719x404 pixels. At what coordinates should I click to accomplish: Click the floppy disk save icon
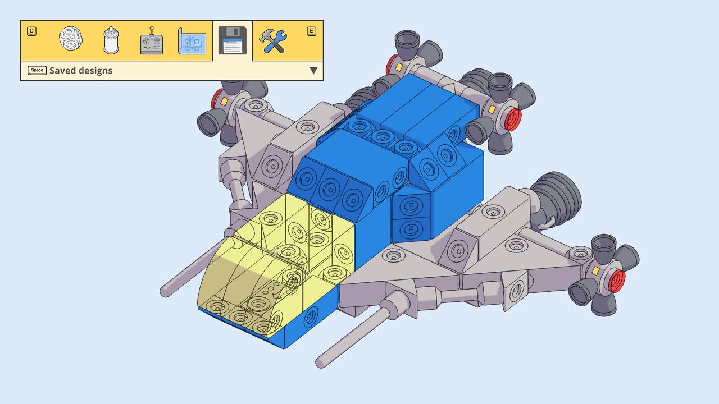[233, 40]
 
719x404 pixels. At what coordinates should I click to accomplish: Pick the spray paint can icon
[111, 40]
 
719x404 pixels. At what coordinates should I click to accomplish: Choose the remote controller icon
[152, 41]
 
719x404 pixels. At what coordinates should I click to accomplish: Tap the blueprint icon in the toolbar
[192, 41]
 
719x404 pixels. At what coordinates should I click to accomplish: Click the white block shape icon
[71, 38]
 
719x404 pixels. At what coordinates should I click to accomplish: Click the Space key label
[37, 70]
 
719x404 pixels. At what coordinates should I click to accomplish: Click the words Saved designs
[81, 71]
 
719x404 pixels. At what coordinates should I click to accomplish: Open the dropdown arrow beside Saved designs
[313, 71]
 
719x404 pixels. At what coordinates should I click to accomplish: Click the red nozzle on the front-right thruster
[617, 281]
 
